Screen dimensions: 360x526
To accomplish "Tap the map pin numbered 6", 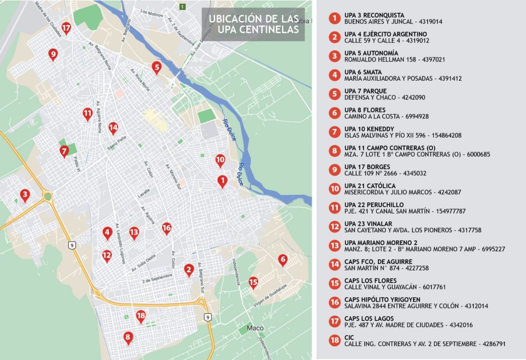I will pos(283,260).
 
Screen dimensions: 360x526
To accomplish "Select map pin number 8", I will pos(128,337).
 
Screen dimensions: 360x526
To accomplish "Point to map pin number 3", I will pos(25,194).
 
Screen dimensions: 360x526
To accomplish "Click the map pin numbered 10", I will pos(220,160).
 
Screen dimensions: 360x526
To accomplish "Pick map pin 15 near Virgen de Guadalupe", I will pos(253,282).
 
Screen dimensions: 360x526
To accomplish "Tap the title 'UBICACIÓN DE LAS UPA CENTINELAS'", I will pos(254,24).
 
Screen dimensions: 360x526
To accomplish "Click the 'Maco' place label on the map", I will pos(255,328).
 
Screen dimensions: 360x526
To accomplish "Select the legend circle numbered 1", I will pos(335,18).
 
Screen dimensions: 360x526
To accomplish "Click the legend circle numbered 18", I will pos(335,340).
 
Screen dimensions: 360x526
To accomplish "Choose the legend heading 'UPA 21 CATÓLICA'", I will pos(370,185).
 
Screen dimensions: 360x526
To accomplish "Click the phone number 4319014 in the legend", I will pos(430,21).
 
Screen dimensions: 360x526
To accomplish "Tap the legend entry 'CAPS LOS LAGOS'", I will pos(369,318).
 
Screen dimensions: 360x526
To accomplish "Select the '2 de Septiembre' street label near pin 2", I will pos(157,276).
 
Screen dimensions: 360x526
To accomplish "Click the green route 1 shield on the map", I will pos(182,7).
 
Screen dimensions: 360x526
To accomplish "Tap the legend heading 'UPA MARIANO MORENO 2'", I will pos(380,242).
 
